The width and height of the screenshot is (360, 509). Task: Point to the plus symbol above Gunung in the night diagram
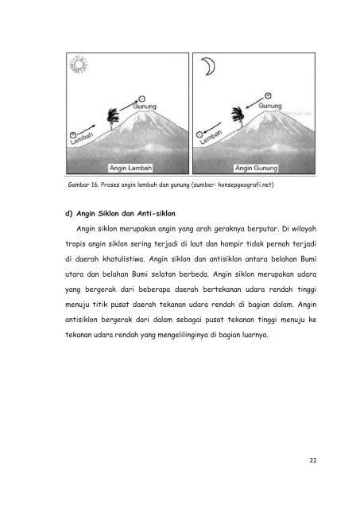coord(267,86)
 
